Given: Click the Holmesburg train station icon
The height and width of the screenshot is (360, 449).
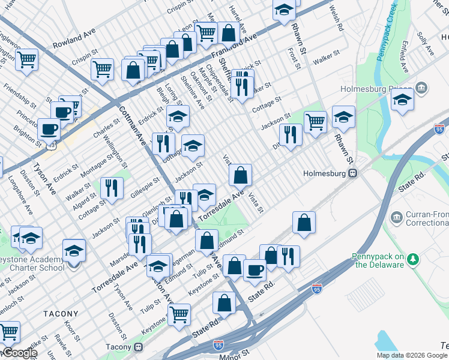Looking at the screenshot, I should click(353, 173).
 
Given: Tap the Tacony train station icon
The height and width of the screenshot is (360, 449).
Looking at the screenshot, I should click(139, 347).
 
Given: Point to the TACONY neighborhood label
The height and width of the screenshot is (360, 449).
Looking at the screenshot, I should click(61, 314).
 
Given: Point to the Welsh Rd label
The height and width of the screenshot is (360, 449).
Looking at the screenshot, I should click(336, 19).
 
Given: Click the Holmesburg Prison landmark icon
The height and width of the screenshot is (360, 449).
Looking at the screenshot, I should click(421, 89).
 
